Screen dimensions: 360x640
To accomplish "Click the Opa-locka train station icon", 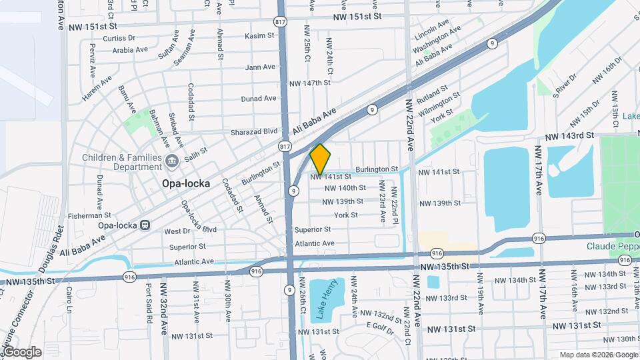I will coord(145,225).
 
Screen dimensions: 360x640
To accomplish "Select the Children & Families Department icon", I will coord(172,160).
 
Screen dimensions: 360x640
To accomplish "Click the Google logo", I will coord(21,351).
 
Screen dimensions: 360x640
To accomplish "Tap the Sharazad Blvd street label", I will coord(254,132).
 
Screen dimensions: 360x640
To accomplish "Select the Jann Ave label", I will coord(260,67).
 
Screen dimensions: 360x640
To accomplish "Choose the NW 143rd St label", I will coord(569,135).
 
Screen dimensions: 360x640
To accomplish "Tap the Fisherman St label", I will coord(89,216).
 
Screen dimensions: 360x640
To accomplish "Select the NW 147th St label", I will coord(310,83).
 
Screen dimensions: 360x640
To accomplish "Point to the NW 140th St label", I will coord(343,188).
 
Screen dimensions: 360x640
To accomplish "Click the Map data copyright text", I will coord(597,355).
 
